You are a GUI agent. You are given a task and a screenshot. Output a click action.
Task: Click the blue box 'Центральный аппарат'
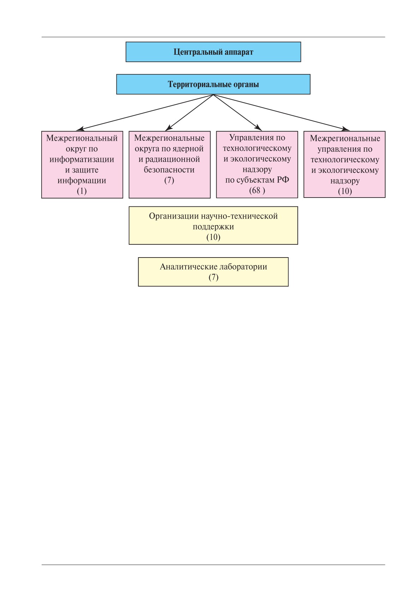[213, 52]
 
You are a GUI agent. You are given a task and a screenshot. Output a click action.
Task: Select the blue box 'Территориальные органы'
[213, 84]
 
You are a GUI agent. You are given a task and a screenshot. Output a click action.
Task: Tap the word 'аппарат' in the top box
[239, 52]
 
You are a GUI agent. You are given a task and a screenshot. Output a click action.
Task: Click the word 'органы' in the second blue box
[246, 85]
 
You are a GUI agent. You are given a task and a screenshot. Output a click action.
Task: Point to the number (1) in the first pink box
[82, 191]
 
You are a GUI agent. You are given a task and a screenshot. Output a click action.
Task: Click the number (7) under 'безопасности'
[169, 181]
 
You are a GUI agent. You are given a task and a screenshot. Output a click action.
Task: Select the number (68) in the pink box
[257, 190]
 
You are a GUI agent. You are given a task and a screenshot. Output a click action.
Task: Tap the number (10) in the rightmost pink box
[345, 192]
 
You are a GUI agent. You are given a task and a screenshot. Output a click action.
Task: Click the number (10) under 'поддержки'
[213, 237]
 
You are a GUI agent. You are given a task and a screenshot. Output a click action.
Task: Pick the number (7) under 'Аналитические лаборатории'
[213, 277]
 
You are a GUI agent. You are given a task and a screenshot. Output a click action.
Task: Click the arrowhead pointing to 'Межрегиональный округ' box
[80, 129]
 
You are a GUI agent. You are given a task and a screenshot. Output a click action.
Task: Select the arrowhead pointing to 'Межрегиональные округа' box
[168, 128]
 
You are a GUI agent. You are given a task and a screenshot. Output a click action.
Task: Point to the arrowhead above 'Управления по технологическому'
[258, 128]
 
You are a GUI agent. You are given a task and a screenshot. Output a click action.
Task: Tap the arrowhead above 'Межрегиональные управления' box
[345, 129]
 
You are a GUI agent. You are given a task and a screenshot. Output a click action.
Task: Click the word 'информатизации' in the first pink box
[82, 160]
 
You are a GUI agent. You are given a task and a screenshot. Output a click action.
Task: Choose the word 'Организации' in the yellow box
[174, 216]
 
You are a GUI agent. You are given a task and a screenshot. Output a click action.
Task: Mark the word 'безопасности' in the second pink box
[169, 170]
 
